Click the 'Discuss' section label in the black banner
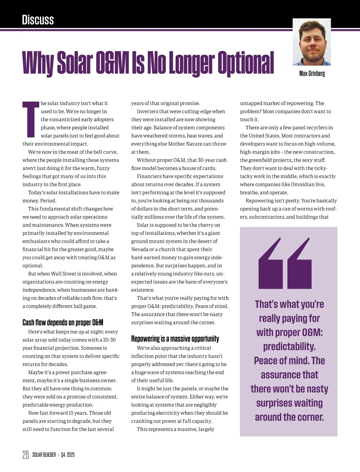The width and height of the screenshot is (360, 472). (x=38, y=20)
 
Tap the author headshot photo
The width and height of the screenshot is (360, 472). (x=312, y=42)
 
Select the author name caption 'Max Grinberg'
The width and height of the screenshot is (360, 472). (x=312, y=73)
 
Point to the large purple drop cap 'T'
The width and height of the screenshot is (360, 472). (x=31, y=119)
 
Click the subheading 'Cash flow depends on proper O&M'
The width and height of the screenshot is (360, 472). (x=63, y=322)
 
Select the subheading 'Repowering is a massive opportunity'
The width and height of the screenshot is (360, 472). (x=175, y=339)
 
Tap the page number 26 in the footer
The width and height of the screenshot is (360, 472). (x=25, y=455)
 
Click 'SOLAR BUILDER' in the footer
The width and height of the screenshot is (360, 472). (x=44, y=455)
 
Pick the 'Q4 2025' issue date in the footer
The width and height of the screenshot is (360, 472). (x=68, y=455)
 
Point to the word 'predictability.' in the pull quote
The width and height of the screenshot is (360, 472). (x=289, y=346)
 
